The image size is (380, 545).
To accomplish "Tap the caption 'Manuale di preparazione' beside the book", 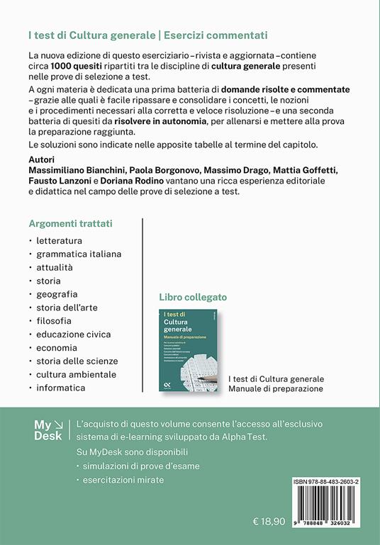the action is (276, 388).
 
